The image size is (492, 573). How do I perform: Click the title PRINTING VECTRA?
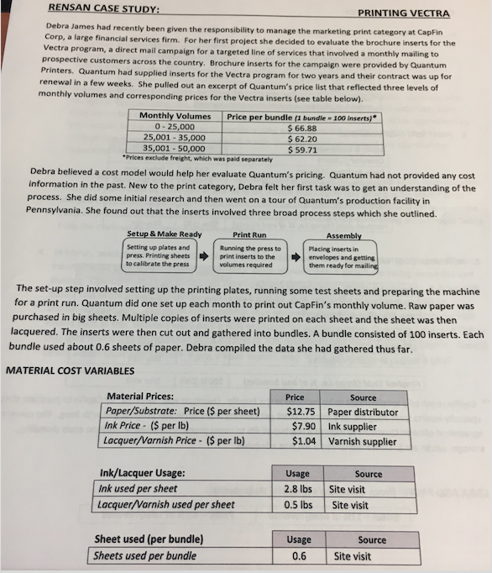(403, 13)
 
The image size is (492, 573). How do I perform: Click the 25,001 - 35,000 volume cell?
(175, 138)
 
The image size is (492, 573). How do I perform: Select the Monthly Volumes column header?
(175, 115)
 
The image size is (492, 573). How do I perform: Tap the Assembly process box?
(343, 256)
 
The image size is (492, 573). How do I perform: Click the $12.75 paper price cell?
(299, 412)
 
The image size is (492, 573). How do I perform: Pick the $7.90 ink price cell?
(301, 426)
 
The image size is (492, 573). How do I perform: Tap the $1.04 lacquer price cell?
(301, 440)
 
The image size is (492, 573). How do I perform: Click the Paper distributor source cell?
(363, 412)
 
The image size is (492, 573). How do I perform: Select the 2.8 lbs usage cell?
(298, 488)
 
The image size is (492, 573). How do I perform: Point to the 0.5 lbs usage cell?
(298, 504)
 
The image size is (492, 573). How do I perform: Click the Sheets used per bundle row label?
(144, 555)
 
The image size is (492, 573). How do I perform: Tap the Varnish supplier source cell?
(363, 440)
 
